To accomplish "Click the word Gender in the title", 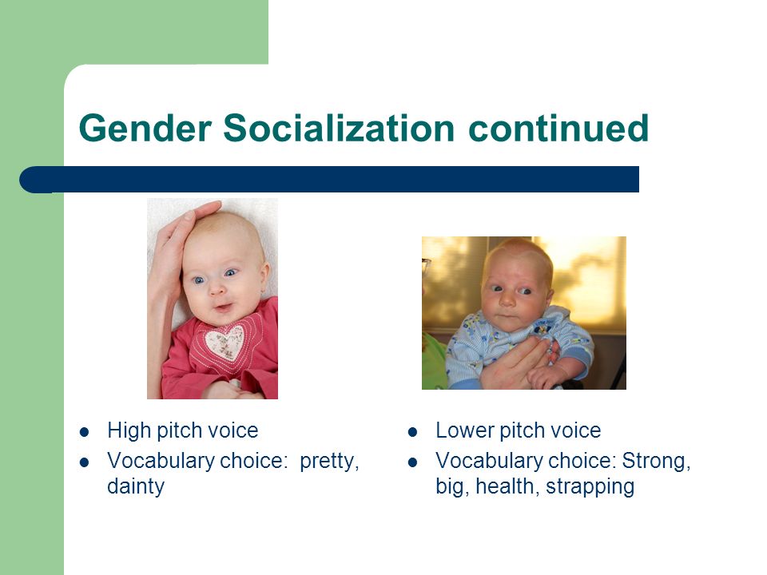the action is coord(145,128).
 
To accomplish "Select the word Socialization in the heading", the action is coord(339,128).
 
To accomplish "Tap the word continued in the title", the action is coord(558,128).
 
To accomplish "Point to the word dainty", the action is coord(136,486).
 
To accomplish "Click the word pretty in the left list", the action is coord(329,461).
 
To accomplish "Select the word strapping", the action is coord(590,487).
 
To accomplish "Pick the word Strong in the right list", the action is coord(656,461).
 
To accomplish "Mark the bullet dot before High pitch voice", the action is coord(84,432).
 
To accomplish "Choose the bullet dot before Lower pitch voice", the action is coord(413,432).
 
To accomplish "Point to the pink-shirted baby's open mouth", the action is coord(224,308).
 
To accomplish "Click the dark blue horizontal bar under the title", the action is coord(329,180).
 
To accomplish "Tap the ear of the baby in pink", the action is coord(264,277).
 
